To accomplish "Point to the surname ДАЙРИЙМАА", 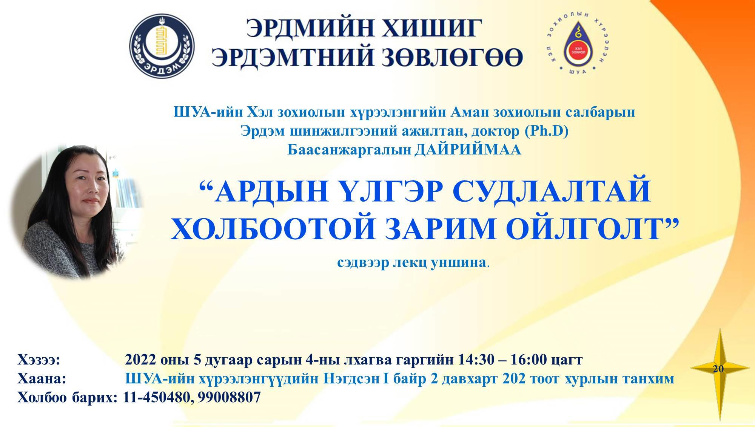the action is point(467,150).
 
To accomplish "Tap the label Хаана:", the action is point(42,378).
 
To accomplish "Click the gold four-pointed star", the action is point(720,369).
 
